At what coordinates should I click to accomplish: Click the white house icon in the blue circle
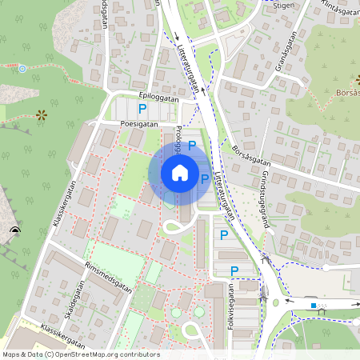pos(180,173)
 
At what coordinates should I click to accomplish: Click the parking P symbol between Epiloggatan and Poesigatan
pos(142,108)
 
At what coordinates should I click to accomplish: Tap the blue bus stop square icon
pos(313,305)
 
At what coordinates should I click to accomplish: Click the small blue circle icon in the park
pos(22,70)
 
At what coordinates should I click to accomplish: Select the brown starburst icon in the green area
pos(42,115)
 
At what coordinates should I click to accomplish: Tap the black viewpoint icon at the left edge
pos(14,232)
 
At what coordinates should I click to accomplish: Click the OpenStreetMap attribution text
pos(81,354)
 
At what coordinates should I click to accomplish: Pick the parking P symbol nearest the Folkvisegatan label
pos(234,271)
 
